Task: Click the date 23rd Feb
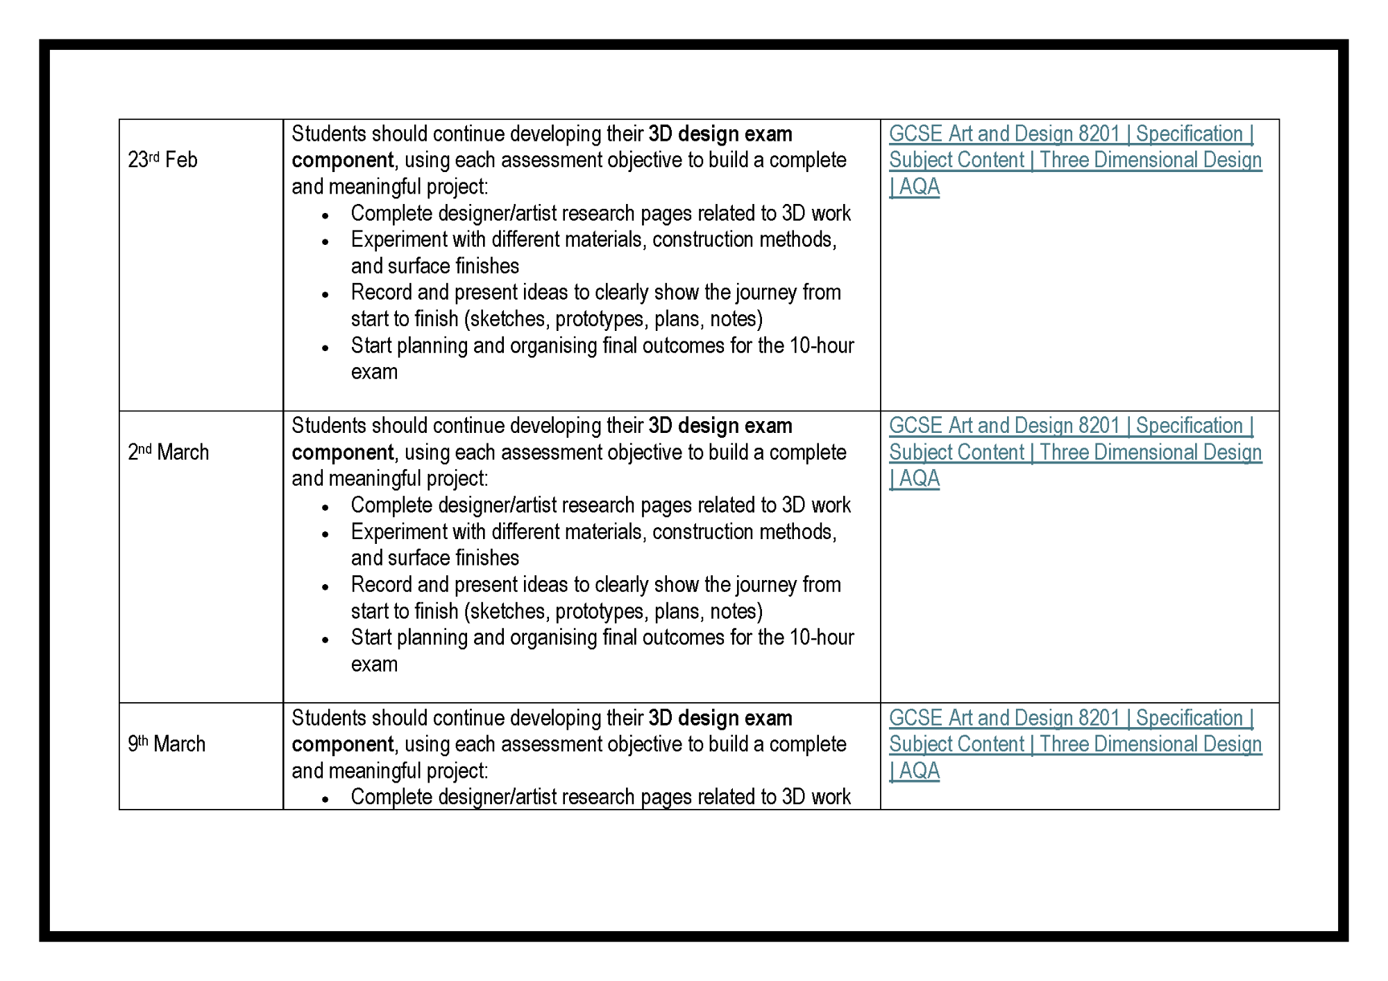click(x=162, y=160)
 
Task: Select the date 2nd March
click(x=168, y=452)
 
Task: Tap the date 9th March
click(x=167, y=744)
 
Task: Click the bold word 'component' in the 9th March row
click(x=343, y=744)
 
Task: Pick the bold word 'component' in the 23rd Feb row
click(x=343, y=160)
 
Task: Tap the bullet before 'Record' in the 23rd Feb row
click(x=325, y=295)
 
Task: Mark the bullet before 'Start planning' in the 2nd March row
click(x=325, y=640)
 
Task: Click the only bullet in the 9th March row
click(x=325, y=799)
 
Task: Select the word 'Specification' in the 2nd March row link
click(x=1189, y=426)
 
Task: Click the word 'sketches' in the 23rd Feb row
click(x=508, y=319)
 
